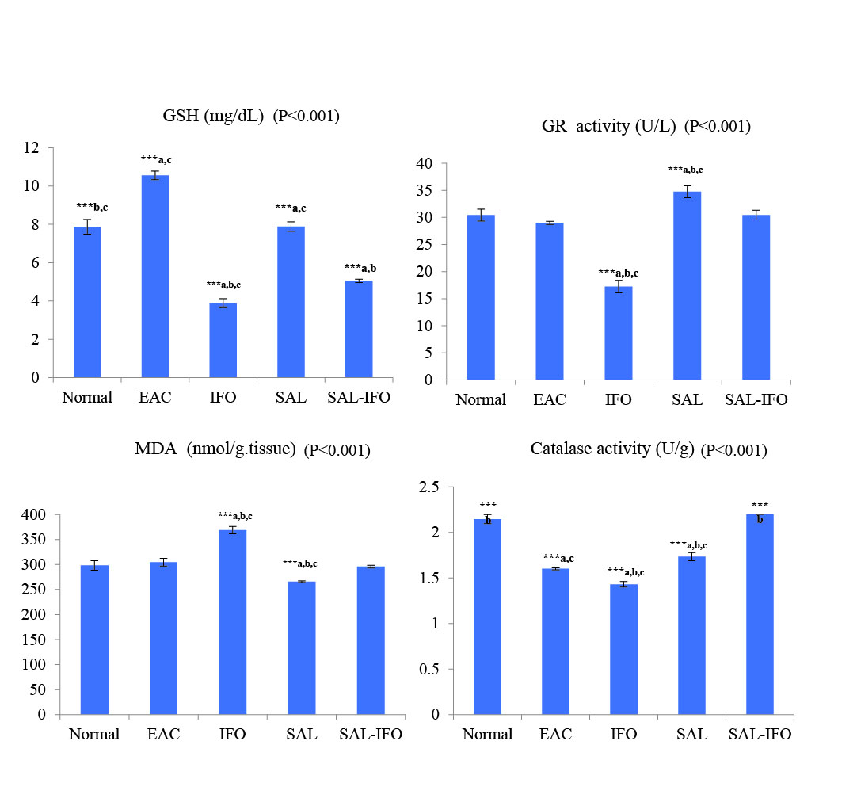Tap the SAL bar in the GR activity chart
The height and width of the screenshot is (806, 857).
687,285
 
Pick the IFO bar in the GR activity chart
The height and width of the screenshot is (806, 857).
619,333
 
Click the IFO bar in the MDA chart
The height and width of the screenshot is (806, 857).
233,622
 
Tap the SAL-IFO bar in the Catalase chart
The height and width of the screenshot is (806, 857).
760,614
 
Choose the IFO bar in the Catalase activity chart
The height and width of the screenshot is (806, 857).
623,649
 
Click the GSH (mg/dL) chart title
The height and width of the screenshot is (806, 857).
211,117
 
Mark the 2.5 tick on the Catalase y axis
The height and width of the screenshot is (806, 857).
428,487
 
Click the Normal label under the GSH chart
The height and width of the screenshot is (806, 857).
87,397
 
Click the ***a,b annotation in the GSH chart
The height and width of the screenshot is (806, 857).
360,268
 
